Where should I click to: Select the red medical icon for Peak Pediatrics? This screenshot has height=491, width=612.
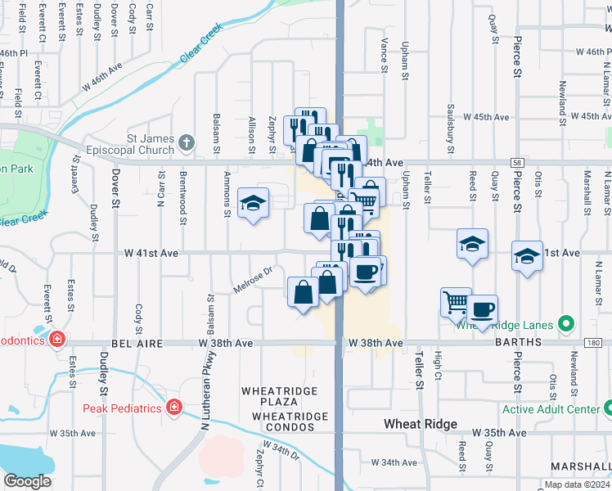173,408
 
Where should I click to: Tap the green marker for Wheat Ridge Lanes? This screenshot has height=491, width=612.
565,325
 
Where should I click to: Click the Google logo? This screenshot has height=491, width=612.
27,481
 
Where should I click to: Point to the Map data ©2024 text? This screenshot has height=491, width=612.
577,484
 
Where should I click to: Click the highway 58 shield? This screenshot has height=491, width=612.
516,164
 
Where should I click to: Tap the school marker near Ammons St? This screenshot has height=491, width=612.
253,203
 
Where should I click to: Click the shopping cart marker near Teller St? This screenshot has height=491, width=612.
456,302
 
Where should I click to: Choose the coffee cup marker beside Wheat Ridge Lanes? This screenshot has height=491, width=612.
483,309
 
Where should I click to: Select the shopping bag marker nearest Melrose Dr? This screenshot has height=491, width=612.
303,291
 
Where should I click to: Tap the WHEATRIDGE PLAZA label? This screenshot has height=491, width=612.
279,391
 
